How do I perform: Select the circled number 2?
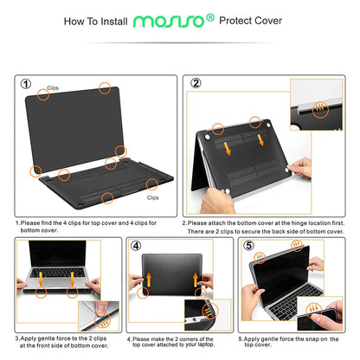point(195,84)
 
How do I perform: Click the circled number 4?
point(136,246)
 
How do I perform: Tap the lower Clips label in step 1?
point(153,196)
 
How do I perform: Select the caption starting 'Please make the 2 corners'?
point(179,342)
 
